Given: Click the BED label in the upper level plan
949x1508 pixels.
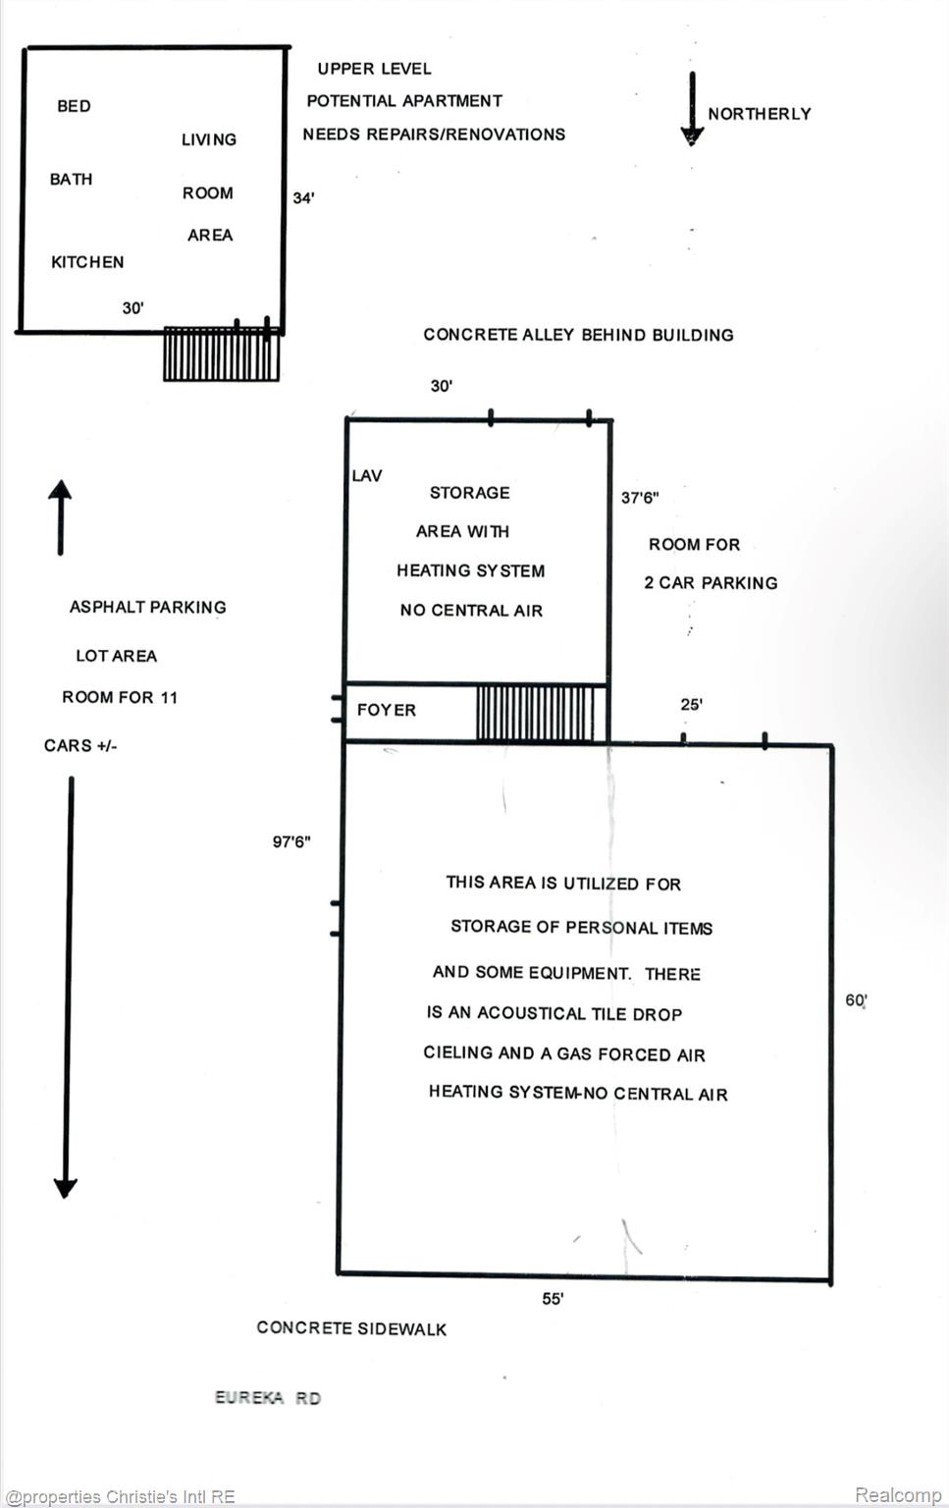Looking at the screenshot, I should pos(74,106).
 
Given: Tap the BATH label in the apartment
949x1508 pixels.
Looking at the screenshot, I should pos(72,180).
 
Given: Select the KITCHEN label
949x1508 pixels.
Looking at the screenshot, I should pos(87,262).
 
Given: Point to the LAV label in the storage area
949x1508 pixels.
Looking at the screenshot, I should pos(367,476).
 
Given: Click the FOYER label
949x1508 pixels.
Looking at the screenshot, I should pos(387,710).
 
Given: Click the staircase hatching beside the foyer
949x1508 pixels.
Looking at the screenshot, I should pos(535,713).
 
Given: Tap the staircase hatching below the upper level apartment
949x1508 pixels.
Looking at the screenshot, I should pos(221,354).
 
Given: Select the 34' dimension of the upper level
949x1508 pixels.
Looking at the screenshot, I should pos(303,198).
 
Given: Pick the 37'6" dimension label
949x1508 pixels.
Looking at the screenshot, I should pos(640,498).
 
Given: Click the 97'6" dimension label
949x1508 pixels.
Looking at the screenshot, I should pos(291,841).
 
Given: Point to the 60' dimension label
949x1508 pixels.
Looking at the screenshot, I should pos(856,1000).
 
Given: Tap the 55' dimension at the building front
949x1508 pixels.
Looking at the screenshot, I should pos(553,1299).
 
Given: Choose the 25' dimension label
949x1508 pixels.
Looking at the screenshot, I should pos(691,705).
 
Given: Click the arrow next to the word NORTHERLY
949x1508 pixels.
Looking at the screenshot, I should pos(692,109).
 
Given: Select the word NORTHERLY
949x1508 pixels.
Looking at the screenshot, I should pos(760,114).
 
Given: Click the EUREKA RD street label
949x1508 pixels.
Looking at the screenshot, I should pos(268,1398).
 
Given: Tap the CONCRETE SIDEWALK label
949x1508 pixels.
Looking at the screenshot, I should pos(351,1328).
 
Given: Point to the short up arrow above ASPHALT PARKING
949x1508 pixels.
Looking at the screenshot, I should pos(61,516).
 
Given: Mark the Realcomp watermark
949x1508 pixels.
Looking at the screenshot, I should pos(897,1494).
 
